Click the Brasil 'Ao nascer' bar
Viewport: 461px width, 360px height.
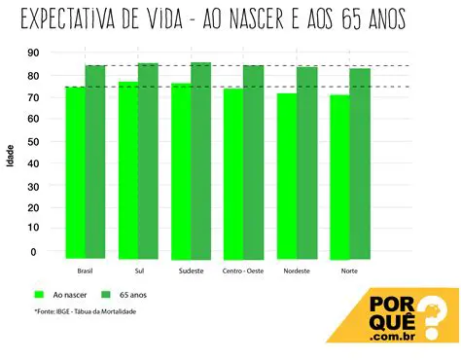[75, 171]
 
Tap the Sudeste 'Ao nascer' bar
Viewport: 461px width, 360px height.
[181, 170]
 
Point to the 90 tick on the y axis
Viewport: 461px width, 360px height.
[34, 53]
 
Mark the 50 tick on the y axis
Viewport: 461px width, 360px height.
[34, 141]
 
